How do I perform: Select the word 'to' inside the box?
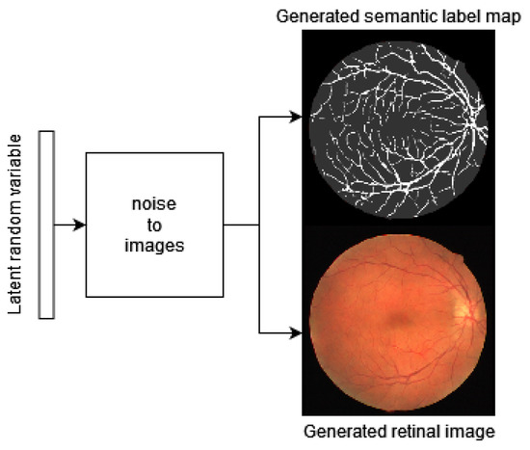pos(154,226)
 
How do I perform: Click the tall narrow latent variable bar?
pos(44,225)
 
